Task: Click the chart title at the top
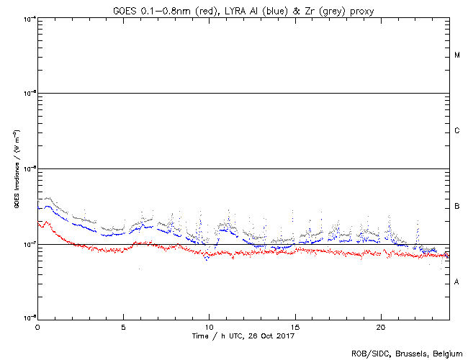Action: coord(243,8)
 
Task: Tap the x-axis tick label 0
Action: coord(37,326)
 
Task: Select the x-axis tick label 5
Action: coord(123,326)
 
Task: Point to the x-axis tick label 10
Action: coord(209,326)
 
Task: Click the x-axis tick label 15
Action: coord(294,326)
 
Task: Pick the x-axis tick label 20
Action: coord(380,326)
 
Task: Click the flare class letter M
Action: coord(457,55)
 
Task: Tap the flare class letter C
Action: coord(457,131)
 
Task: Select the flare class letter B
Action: coord(457,207)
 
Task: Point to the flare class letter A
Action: coord(457,282)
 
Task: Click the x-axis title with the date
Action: coord(243,336)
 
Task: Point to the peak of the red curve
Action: coord(47,222)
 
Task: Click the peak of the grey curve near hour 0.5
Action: coord(48,197)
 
